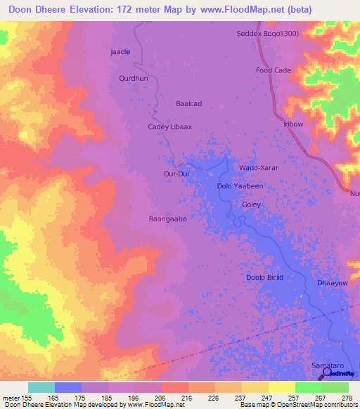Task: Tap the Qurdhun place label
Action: tap(133, 79)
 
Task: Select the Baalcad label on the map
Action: tap(188, 103)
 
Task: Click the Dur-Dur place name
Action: tap(176, 172)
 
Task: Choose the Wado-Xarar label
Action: tap(259, 169)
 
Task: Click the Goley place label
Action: tap(251, 204)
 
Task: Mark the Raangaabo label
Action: tap(167, 219)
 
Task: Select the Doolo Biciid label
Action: tap(264, 278)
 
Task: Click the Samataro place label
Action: tap(327, 366)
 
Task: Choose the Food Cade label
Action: tap(273, 70)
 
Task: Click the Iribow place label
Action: tap(292, 124)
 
